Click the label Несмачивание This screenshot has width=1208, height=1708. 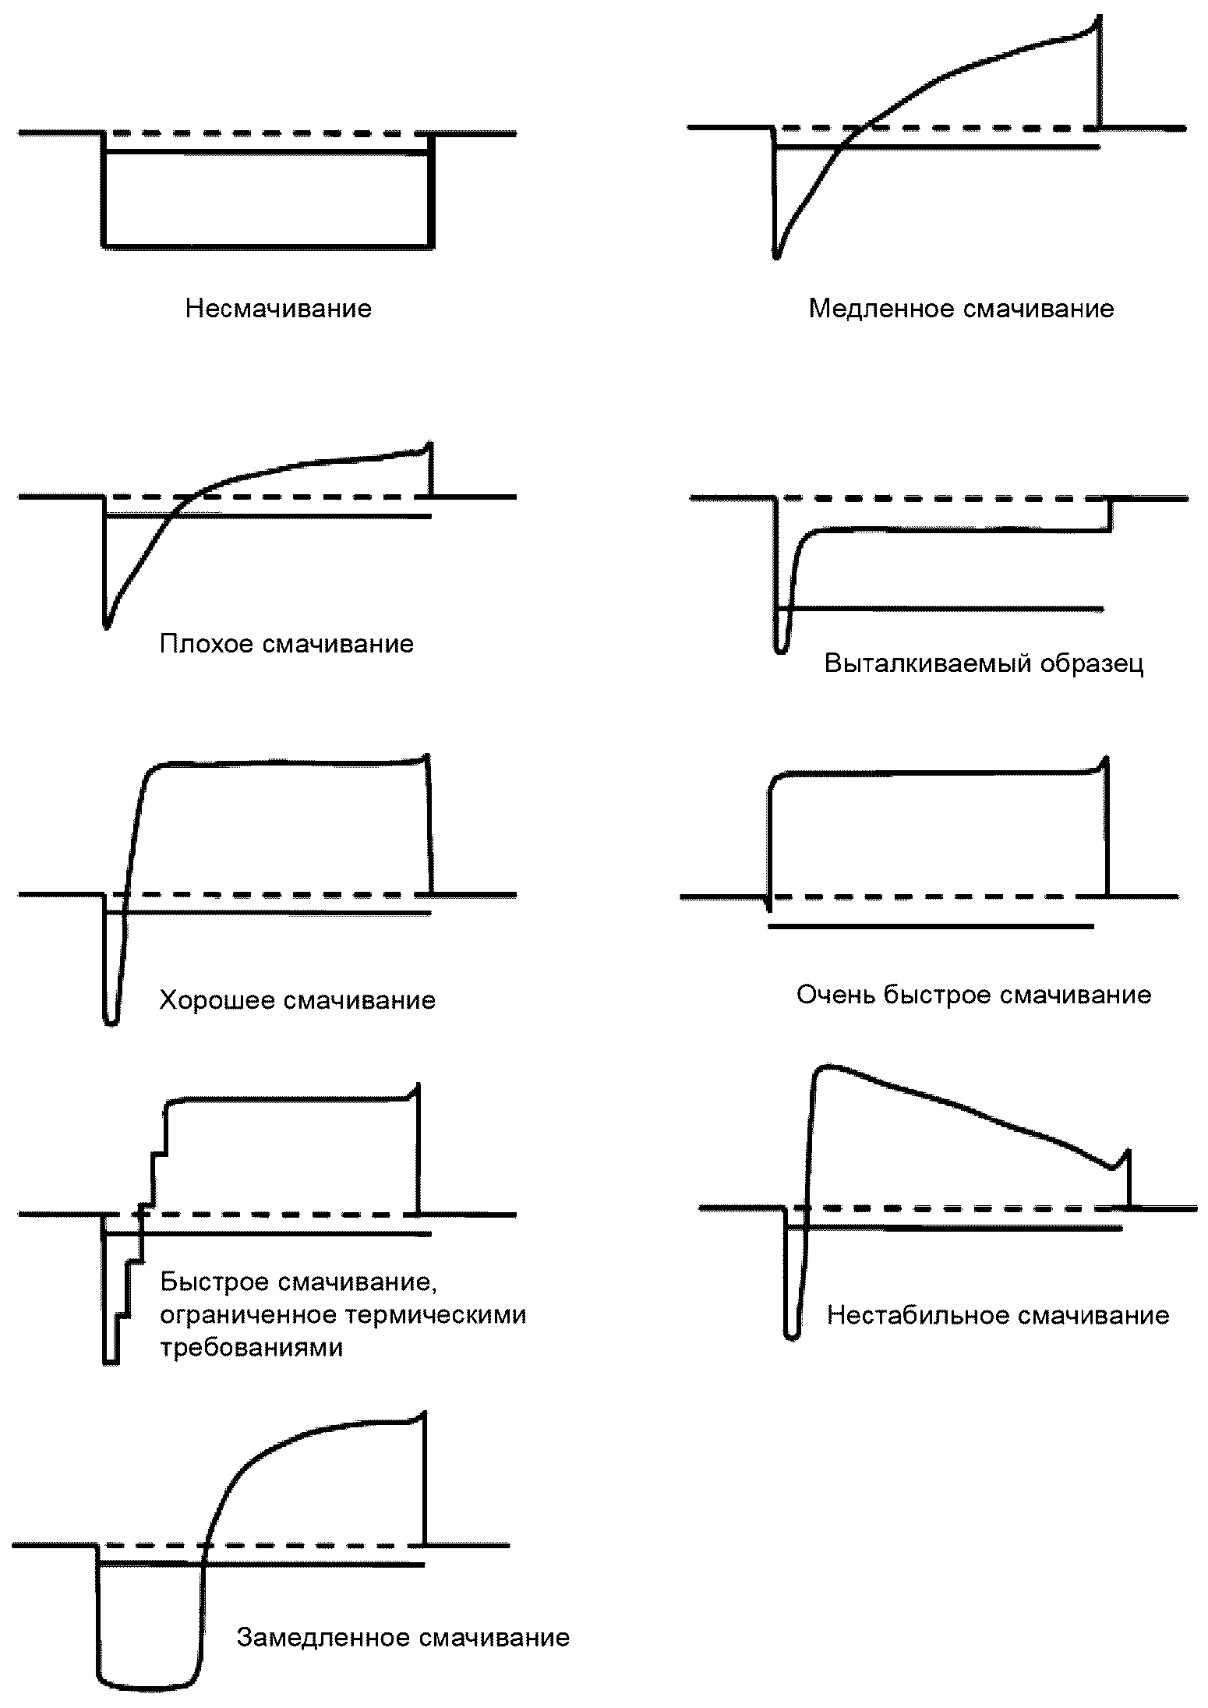click(278, 309)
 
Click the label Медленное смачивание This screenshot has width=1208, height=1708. click(961, 309)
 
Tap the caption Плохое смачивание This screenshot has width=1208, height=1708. click(286, 644)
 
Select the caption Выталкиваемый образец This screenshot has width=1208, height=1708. click(984, 664)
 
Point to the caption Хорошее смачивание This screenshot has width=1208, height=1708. click(297, 1000)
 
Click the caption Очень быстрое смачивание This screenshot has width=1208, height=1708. click(973, 995)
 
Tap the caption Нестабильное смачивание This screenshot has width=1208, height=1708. click(998, 1316)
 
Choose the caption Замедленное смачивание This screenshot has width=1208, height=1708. click(403, 1638)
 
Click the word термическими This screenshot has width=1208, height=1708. click(436, 1315)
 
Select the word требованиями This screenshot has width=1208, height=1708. click(252, 1348)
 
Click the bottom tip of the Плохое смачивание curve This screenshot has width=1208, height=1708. click(106, 626)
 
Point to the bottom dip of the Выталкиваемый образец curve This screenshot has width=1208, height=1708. click(781, 651)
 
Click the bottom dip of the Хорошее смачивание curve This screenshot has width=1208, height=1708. click(111, 1023)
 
